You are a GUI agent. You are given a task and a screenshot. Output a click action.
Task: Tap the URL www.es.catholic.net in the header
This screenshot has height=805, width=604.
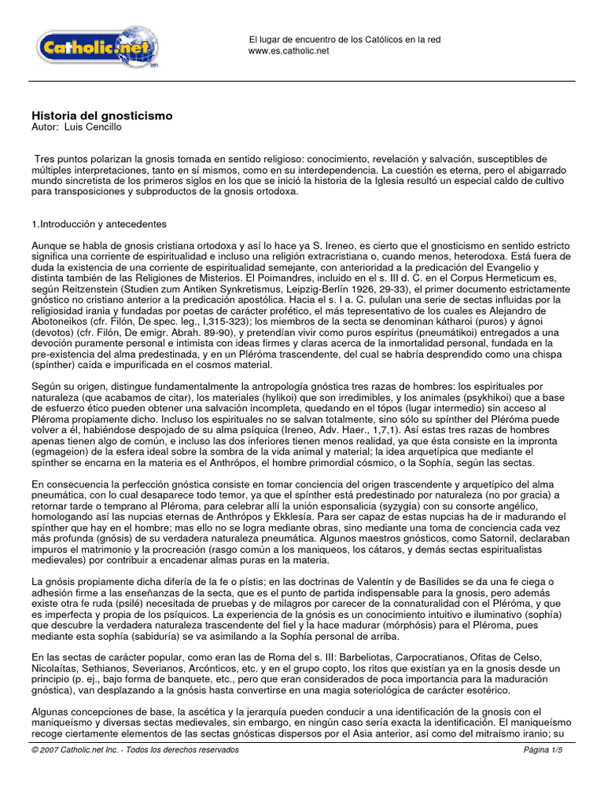click(x=289, y=51)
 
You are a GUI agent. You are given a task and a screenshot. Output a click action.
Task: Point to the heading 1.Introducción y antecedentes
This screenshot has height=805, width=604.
click(x=98, y=225)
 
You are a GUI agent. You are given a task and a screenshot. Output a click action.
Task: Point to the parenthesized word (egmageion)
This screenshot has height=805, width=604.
click(x=61, y=450)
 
